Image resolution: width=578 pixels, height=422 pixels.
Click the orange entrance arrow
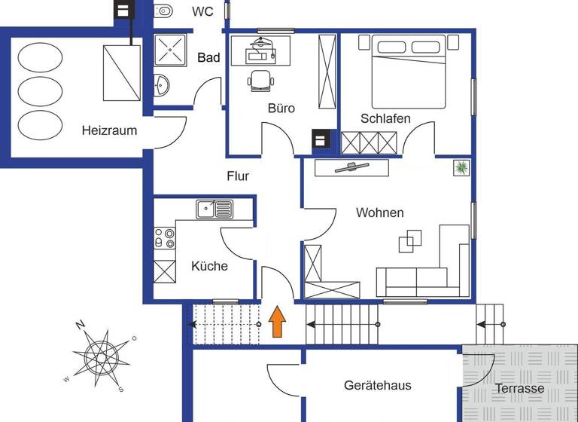(277, 322)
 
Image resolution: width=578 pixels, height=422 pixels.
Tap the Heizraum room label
(110, 130)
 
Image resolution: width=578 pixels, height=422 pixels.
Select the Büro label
(281, 109)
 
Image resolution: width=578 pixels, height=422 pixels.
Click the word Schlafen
(385, 119)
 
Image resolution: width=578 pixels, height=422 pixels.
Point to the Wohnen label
(379, 213)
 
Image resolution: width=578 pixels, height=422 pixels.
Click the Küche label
(209, 266)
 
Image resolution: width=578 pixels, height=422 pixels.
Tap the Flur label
(238, 176)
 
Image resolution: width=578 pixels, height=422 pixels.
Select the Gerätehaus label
(378, 386)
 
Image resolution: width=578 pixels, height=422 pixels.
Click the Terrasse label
(519, 389)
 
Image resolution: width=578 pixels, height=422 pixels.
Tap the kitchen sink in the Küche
(214, 209)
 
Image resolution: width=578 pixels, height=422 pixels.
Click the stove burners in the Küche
(165, 238)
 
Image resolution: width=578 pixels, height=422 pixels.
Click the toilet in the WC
(163, 11)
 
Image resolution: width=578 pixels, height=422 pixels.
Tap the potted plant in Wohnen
(461, 168)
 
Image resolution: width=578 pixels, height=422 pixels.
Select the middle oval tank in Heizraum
(41, 91)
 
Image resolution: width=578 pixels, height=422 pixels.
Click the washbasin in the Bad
(160, 87)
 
